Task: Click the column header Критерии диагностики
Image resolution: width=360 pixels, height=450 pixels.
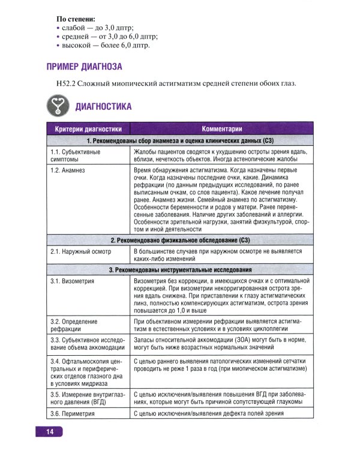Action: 88,129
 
